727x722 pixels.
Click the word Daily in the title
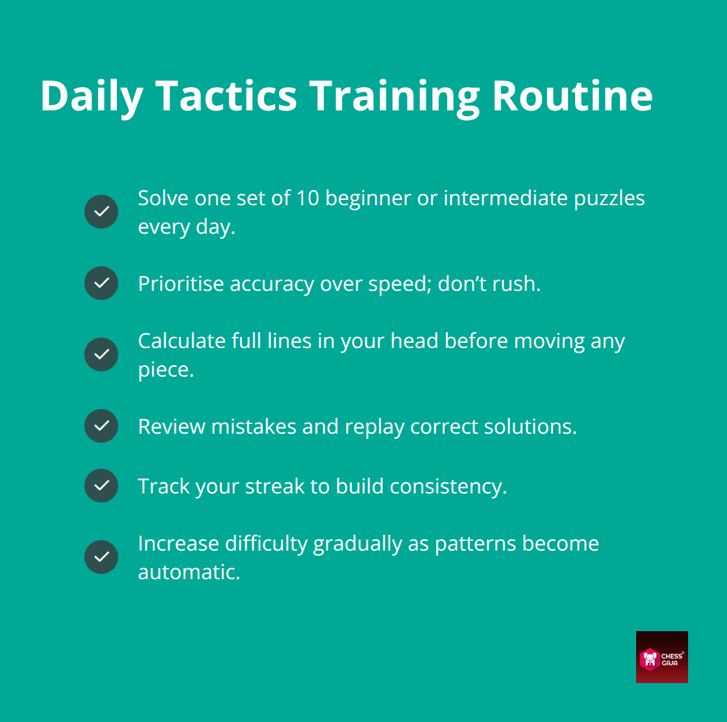[91, 96]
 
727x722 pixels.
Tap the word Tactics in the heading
[226, 96]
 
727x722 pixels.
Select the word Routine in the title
[572, 96]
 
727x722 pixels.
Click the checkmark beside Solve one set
[101, 212]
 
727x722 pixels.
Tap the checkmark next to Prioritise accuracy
[101, 283]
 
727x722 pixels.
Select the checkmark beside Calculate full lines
[101, 355]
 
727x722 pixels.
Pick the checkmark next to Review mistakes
[101, 426]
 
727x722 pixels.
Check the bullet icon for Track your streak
[101, 486]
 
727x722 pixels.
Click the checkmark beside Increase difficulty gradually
[101, 557]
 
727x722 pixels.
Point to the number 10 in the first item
[308, 198]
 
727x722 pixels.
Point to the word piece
[165, 369]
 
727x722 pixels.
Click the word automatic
[188, 572]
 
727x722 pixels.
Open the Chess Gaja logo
[661, 656]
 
